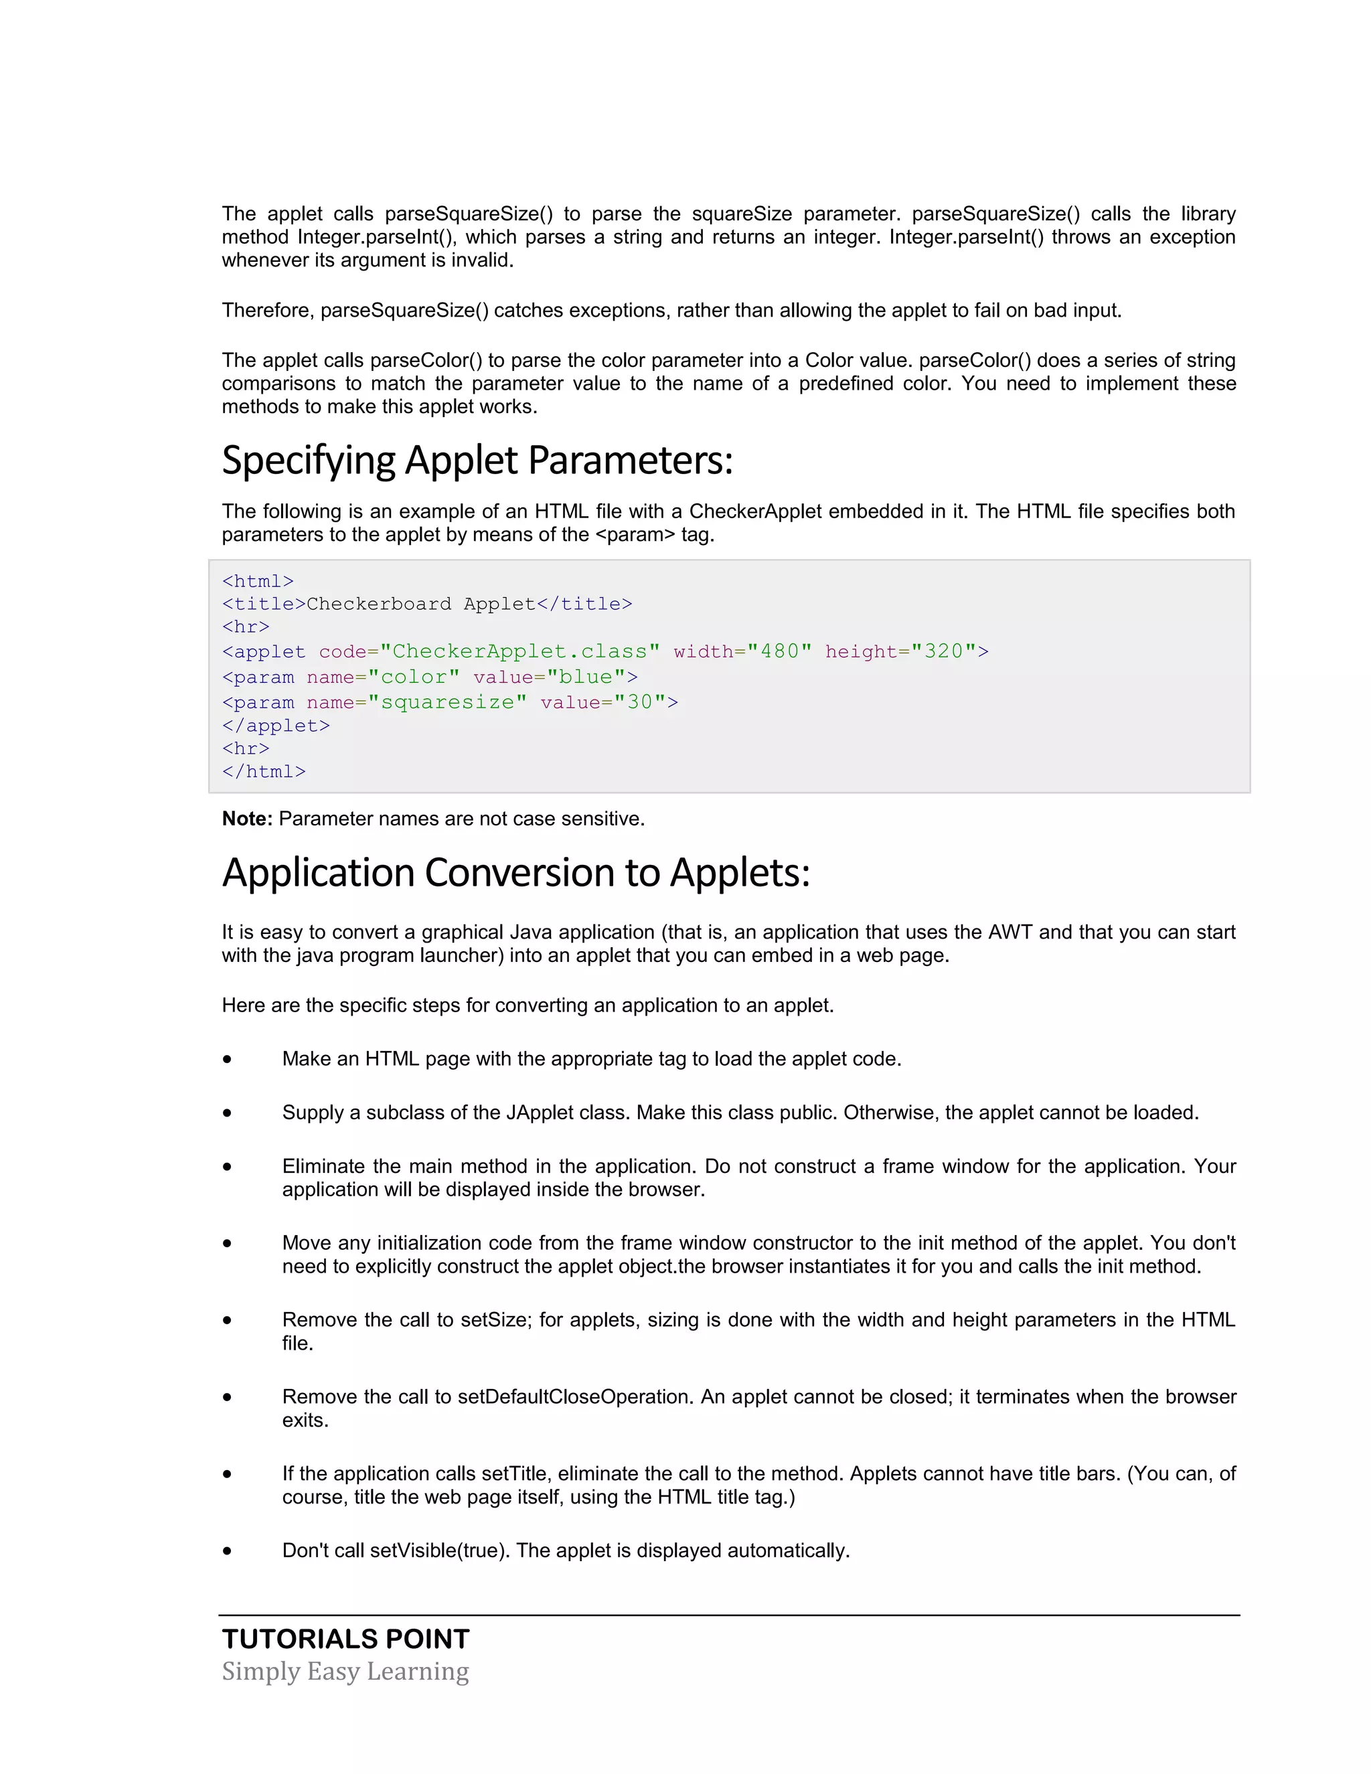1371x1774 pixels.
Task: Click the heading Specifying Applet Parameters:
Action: [477, 461]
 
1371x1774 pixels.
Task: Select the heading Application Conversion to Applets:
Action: [515, 873]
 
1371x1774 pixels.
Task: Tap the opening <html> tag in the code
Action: [258, 582]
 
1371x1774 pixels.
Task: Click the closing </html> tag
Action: [264, 772]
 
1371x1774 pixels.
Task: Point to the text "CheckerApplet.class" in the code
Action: [519, 651]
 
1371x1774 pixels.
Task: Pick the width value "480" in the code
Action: [780, 651]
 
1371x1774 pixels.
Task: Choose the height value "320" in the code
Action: [943, 651]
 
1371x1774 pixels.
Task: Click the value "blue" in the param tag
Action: [586, 677]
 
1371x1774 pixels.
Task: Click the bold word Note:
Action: [247, 819]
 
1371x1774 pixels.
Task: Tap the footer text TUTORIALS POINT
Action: [345, 1639]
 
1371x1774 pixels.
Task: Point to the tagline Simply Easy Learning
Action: [345, 1672]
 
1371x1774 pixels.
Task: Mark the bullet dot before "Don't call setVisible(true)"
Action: [228, 1550]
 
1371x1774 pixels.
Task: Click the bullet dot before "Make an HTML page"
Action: [228, 1059]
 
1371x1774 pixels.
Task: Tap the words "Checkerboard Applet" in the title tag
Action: [420, 604]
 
